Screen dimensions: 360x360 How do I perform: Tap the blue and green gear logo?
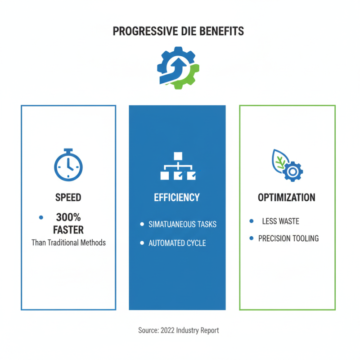[x=178, y=69]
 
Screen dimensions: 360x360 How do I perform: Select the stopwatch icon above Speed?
[x=68, y=164]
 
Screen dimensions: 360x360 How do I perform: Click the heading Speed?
[x=68, y=197]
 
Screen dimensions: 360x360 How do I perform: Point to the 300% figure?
[x=68, y=217]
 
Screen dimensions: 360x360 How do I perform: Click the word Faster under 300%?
[x=68, y=230]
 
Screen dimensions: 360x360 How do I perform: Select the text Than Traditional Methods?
[x=68, y=243]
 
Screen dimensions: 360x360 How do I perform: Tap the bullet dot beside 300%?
[x=41, y=217]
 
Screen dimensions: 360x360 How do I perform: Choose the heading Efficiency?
[x=177, y=198]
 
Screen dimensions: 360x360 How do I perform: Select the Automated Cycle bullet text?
[x=177, y=243]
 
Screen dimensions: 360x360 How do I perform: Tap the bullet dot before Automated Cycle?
[x=142, y=243]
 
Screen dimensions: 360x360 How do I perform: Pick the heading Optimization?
[x=287, y=198]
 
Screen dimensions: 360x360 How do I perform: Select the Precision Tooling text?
[x=288, y=238]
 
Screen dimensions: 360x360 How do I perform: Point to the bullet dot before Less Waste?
[x=251, y=221]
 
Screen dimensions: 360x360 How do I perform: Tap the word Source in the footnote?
[x=148, y=330]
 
